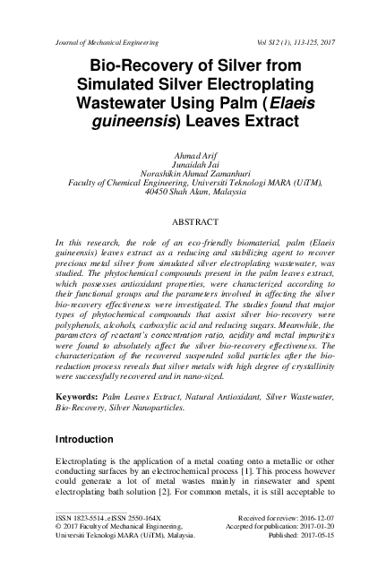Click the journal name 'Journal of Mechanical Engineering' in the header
[x=107, y=42]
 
